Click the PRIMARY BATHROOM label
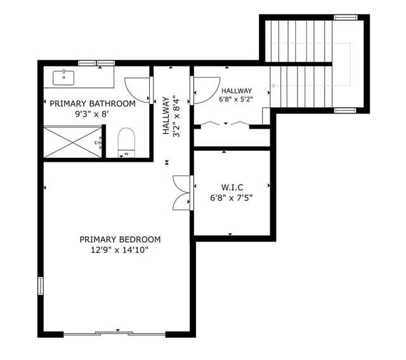pyautogui.click(x=93, y=103)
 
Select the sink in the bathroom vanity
pyautogui.click(x=63, y=78)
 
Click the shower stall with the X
pyautogui.click(x=72, y=142)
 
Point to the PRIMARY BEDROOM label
pyautogui.click(x=120, y=240)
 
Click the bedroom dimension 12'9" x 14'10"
pyautogui.click(x=120, y=250)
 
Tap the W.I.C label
pyautogui.click(x=232, y=187)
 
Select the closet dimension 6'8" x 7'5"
pyautogui.click(x=232, y=198)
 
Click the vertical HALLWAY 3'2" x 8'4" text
pyautogui.click(x=171, y=116)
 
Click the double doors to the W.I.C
pyautogui.click(x=183, y=193)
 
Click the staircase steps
pyautogui.click(x=301, y=63)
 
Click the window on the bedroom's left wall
pyautogui.click(x=41, y=286)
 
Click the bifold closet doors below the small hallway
pyautogui.click(x=229, y=124)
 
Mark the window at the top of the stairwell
pyautogui.click(x=346, y=17)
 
